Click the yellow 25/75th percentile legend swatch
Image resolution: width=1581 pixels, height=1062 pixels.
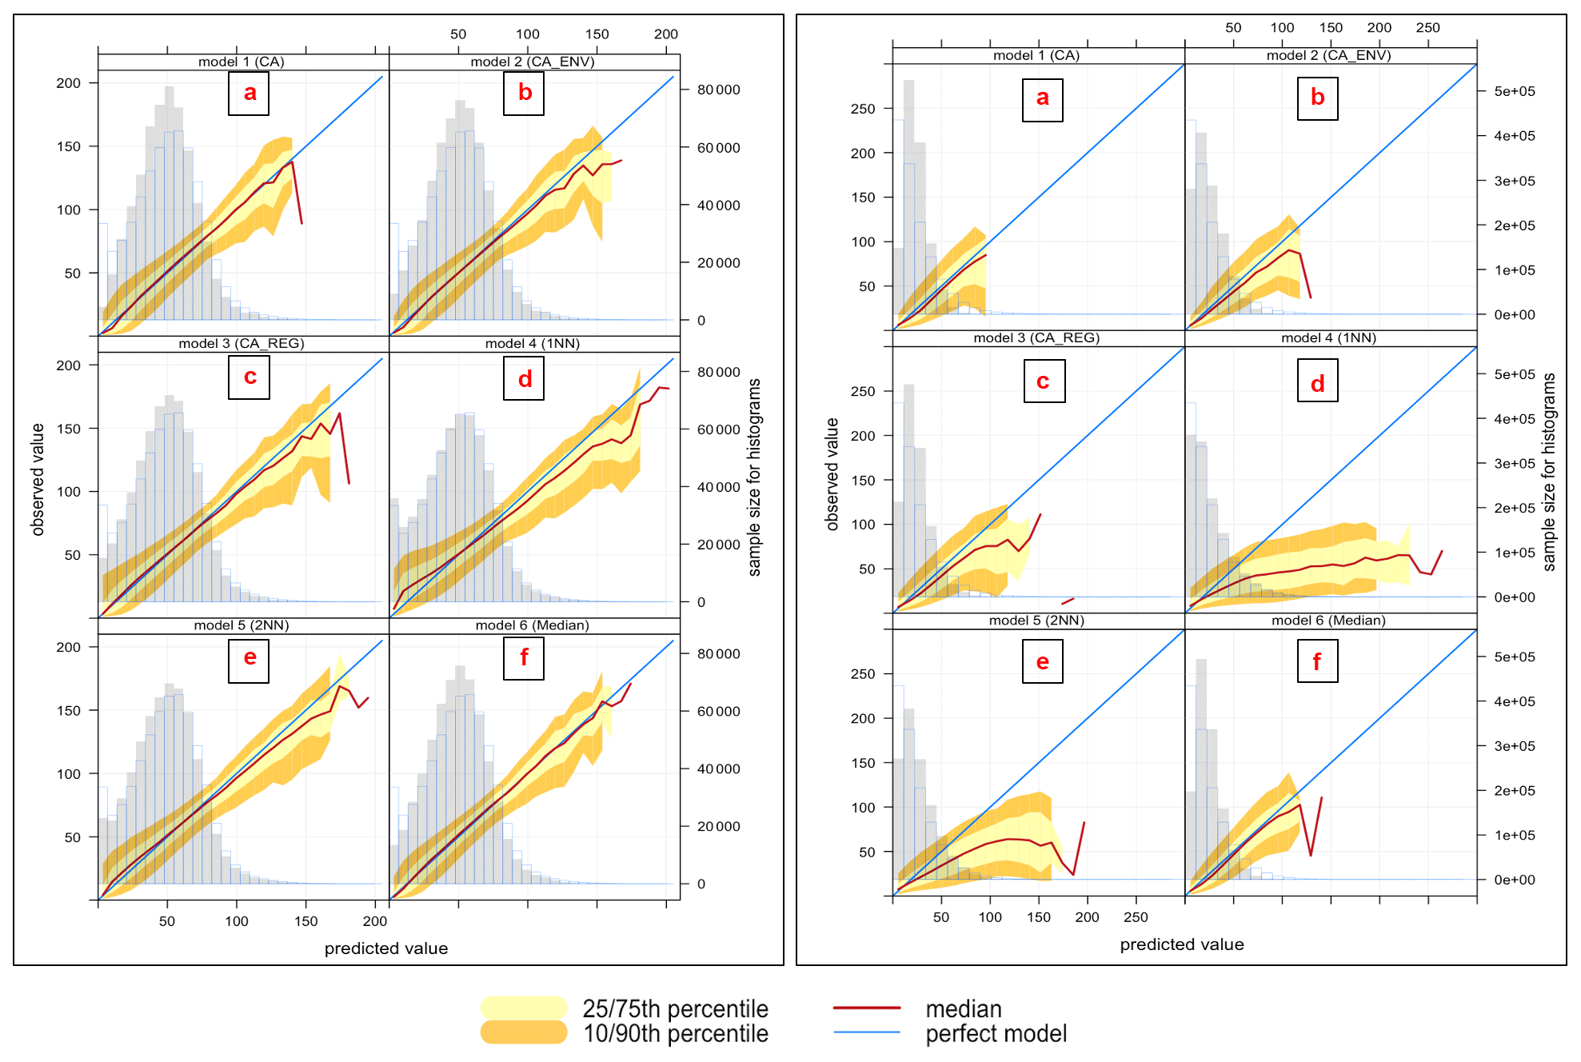point(524,1008)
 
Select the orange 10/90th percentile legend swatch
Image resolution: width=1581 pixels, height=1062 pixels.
point(524,1032)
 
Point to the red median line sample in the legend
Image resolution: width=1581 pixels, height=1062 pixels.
point(867,1008)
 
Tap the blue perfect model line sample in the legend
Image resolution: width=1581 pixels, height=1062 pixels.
point(867,1032)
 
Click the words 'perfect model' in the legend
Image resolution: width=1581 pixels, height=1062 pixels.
point(996,1033)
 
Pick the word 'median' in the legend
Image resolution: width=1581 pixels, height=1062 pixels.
point(963,1009)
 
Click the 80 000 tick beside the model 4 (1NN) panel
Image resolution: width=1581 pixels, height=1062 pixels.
point(718,372)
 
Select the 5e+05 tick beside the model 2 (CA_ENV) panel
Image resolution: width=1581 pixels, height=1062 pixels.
point(1515,91)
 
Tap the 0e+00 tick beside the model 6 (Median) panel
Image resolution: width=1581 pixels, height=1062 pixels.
point(1515,880)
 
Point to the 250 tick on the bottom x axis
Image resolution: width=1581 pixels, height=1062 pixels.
point(1136,917)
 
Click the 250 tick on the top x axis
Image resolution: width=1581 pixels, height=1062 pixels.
point(1427,27)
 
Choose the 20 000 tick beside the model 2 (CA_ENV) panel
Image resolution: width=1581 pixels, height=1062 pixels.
point(718,263)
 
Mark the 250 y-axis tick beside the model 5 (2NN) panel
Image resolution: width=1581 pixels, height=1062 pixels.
point(863,674)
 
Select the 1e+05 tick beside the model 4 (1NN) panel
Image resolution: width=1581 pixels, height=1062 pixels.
point(1515,553)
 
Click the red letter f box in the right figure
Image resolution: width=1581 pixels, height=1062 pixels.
point(1317,661)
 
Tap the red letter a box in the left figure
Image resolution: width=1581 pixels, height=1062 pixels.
point(249,94)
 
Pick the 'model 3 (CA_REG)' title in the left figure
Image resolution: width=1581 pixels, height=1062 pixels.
point(242,343)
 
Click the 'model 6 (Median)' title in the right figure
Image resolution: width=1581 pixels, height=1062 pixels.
point(1328,621)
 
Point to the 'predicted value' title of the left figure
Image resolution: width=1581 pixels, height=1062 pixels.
point(386,948)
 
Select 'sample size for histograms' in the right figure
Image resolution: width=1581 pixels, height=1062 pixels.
point(1549,472)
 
